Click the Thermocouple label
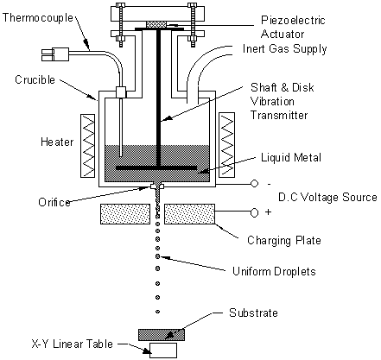click(38, 18)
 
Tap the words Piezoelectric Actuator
click(293, 27)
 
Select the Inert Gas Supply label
click(284, 48)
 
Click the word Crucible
click(35, 79)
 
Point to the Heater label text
click(57, 142)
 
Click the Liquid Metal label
click(291, 157)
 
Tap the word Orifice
click(54, 202)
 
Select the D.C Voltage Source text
click(327, 197)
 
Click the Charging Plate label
click(284, 240)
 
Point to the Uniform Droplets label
click(274, 271)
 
